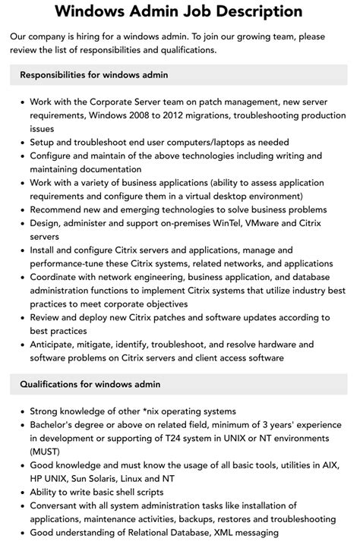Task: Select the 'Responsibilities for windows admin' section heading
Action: tap(94, 75)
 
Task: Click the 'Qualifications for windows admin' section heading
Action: tap(90, 385)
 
